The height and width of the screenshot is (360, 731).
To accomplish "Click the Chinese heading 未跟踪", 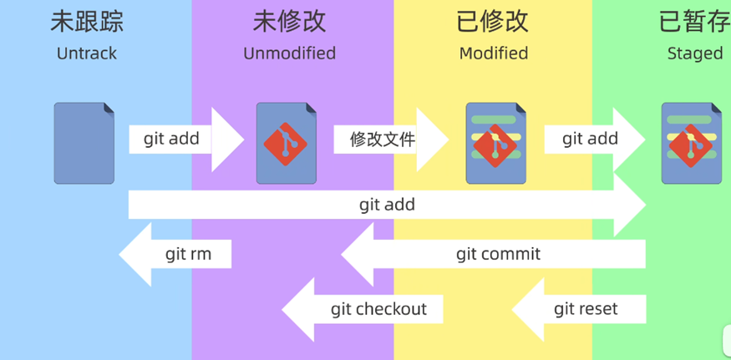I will (87, 22).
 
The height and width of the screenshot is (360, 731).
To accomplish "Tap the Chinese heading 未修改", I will (289, 22).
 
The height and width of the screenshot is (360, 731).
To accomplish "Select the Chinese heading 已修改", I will (493, 22).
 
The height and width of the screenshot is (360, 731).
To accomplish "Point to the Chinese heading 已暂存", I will (694, 22).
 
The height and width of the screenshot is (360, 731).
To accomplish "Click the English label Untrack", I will (87, 53).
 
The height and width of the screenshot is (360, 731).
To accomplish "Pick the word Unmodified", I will (289, 53).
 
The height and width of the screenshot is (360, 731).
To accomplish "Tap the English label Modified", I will (494, 53).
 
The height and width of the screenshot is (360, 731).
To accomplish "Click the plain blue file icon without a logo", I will (84, 143).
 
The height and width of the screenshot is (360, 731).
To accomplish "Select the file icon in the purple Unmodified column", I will (287, 143).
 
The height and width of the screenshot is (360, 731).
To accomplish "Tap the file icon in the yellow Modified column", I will (496, 143).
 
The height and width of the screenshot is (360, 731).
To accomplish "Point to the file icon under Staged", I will (692, 143).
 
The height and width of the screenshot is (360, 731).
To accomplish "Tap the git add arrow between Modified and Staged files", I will (590, 139).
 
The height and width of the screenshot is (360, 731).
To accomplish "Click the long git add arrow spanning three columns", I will (387, 205).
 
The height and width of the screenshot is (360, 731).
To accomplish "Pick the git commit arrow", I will (498, 254).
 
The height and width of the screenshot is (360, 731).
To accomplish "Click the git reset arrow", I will (586, 309).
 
